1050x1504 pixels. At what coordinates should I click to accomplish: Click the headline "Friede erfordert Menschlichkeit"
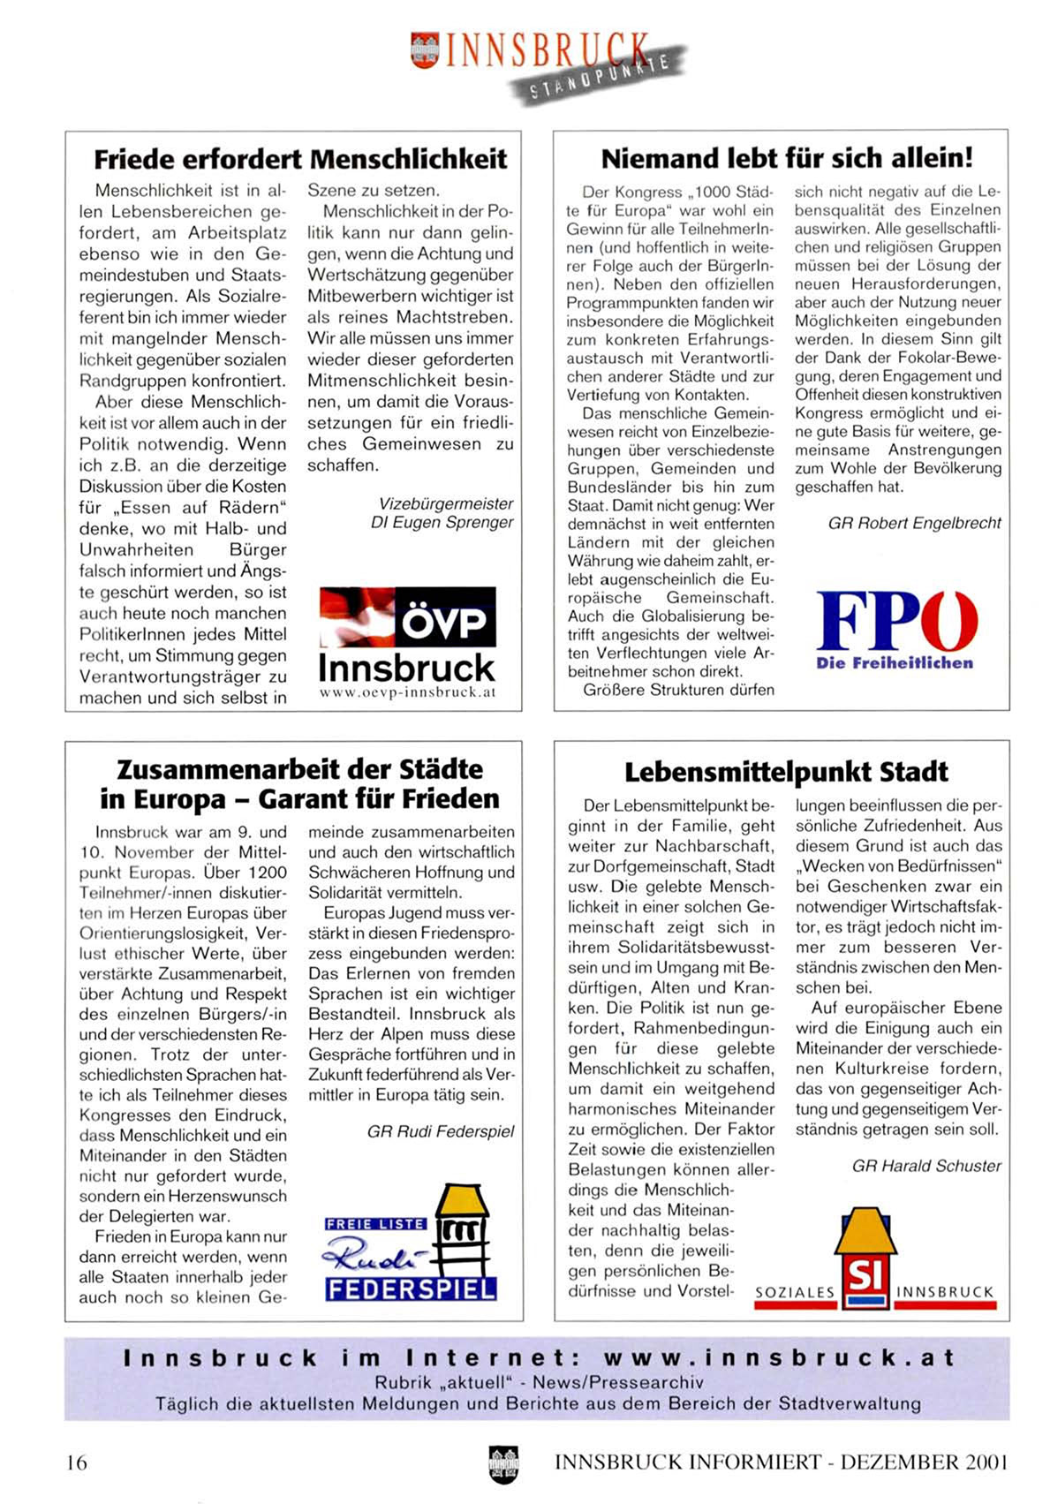pos(300,159)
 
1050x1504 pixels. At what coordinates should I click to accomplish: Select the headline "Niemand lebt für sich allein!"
pos(786,158)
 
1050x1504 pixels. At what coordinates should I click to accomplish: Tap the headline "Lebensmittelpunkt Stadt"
pos(786,772)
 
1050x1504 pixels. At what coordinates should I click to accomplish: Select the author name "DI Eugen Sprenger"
pos(442,522)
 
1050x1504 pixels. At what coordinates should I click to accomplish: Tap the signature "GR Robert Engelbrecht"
pos(914,523)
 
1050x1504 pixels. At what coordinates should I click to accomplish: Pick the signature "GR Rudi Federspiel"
pos(440,1131)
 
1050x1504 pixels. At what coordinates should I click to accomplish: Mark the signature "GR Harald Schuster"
pos(926,1166)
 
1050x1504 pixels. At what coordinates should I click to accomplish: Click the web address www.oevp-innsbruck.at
pos(407,692)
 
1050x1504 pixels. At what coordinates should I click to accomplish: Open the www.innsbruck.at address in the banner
pos(779,1357)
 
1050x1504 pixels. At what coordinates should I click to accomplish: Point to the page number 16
pos(78,1462)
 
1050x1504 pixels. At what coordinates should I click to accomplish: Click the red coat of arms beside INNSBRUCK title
pos(425,49)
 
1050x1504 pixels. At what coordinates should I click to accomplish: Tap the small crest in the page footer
pos(503,1463)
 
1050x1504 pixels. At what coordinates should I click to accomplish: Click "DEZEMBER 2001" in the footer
pos(924,1462)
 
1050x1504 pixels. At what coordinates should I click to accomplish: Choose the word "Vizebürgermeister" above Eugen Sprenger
pos(445,503)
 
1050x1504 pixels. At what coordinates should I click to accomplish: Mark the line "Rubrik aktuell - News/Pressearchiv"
pos(539,1382)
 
